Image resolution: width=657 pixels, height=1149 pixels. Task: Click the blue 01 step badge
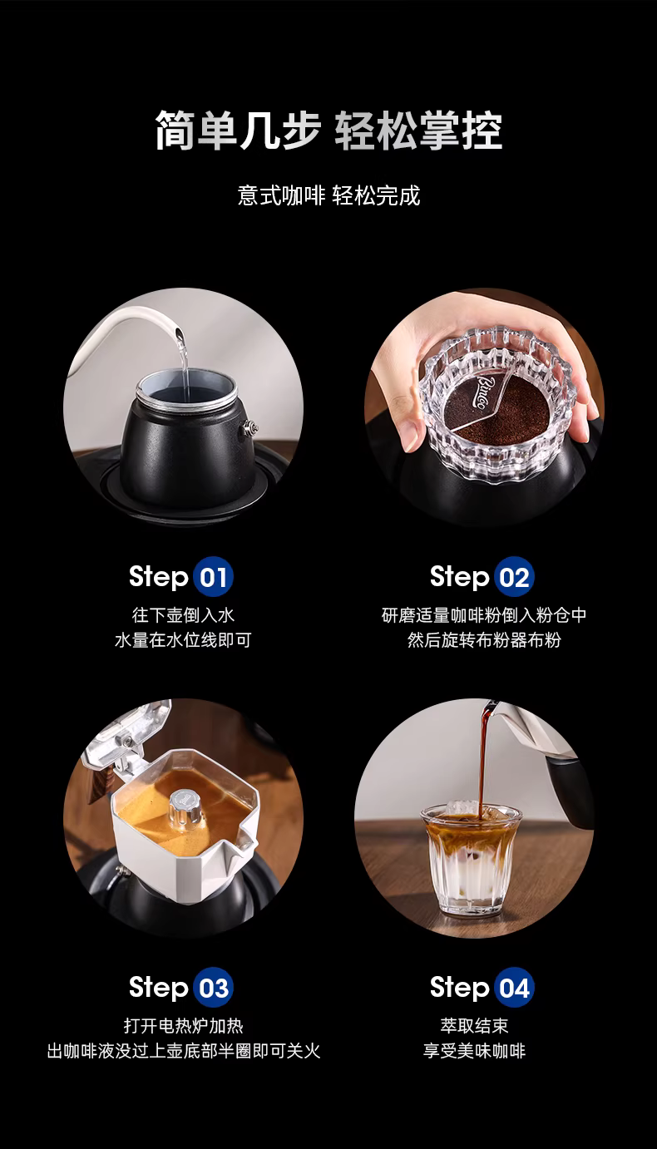[214, 576]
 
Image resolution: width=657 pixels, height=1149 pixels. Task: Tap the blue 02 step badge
[514, 576]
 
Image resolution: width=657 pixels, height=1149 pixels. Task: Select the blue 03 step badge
[214, 988]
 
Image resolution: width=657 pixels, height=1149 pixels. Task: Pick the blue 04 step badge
[514, 988]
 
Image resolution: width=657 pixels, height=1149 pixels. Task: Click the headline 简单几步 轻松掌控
[328, 130]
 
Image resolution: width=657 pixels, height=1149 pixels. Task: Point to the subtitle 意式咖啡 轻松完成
[328, 195]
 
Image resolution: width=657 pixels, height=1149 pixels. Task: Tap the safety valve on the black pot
[250, 427]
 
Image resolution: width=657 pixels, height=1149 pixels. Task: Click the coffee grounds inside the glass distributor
[496, 416]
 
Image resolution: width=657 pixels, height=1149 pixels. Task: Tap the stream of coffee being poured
[483, 760]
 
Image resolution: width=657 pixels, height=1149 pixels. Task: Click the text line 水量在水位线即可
[183, 640]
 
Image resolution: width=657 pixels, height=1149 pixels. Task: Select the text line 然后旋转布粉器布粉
[484, 640]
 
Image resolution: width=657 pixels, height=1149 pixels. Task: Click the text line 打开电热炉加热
[183, 1026]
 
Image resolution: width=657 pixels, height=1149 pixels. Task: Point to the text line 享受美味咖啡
[474, 1051]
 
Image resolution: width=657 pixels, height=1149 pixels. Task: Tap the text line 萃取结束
[474, 1026]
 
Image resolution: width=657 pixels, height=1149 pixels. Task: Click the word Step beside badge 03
[159, 988]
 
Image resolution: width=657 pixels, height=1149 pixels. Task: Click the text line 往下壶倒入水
[183, 615]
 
